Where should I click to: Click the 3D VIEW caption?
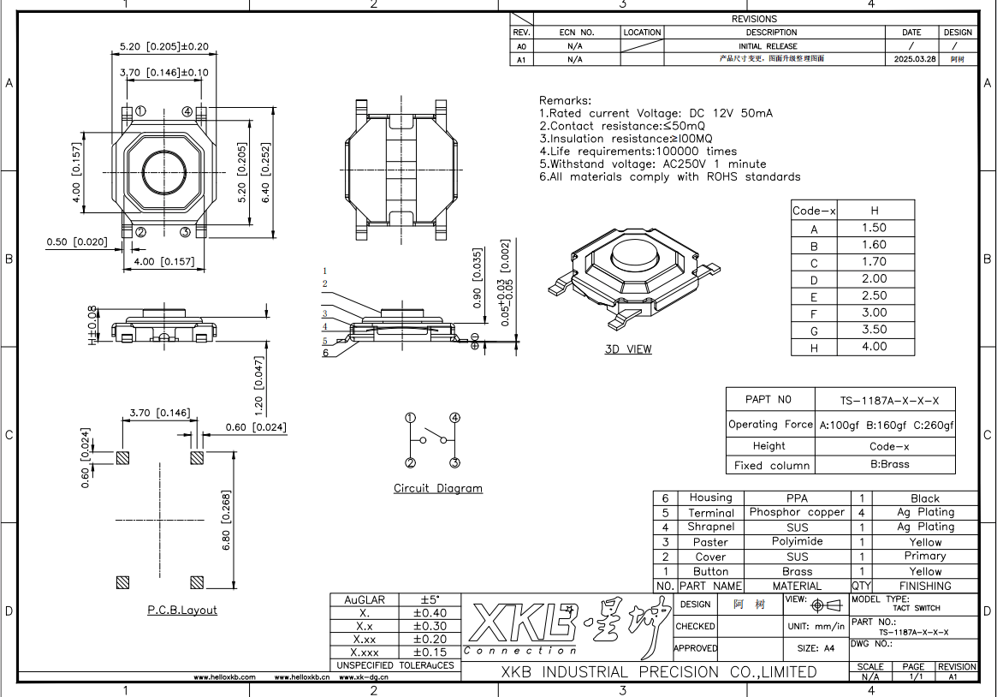click(627, 349)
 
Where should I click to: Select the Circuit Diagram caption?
click(437, 489)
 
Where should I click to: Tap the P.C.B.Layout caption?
click(181, 611)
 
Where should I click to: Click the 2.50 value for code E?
click(874, 295)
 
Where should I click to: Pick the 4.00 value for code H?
click(874, 347)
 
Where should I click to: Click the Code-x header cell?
click(814, 211)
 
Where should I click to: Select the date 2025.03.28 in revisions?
click(914, 60)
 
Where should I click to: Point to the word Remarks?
click(565, 100)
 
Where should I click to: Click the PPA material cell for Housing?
click(797, 497)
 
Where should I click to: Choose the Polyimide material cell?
click(797, 542)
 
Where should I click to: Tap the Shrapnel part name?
click(710, 527)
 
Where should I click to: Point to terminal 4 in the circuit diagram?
click(454, 418)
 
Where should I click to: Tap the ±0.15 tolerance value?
click(429, 652)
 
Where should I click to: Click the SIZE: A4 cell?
click(816, 648)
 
